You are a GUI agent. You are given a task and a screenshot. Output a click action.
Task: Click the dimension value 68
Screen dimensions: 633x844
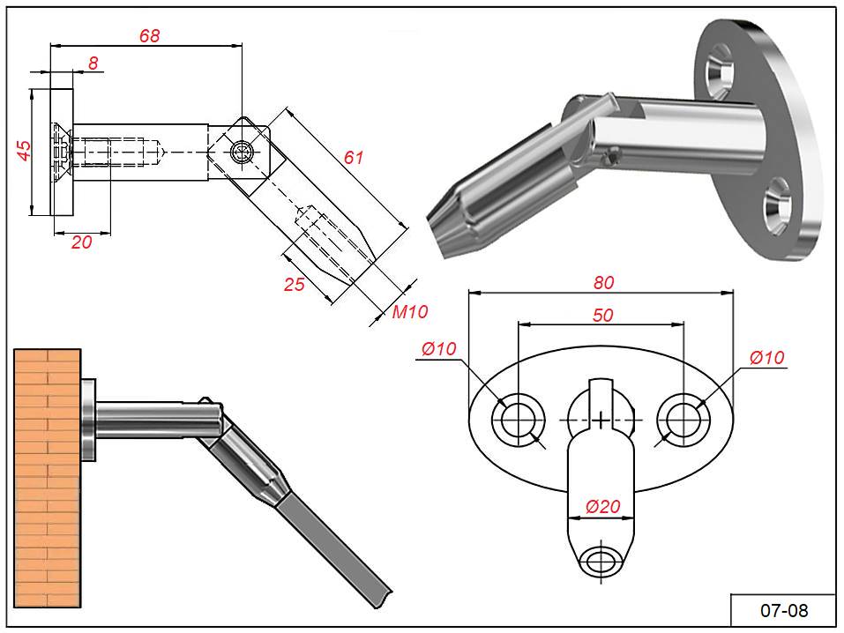point(149,35)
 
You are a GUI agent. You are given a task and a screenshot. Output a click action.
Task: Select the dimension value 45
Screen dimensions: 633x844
point(25,150)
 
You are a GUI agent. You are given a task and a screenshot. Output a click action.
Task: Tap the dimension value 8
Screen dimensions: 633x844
point(93,63)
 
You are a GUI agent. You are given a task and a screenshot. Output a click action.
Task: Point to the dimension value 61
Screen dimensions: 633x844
point(353,158)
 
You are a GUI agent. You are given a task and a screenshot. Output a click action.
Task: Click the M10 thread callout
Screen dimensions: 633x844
point(409,311)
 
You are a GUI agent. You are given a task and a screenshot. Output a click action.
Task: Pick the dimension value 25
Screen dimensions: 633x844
point(294,284)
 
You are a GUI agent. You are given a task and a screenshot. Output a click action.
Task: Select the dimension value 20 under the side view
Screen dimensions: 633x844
point(81,242)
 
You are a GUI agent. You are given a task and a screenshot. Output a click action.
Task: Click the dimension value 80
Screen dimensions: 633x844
point(603,283)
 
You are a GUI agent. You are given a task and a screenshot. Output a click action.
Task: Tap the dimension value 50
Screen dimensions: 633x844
point(602,316)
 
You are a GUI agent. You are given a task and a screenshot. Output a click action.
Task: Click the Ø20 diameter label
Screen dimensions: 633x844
point(603,506)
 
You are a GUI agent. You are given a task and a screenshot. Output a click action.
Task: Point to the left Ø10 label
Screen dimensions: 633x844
point(439,349)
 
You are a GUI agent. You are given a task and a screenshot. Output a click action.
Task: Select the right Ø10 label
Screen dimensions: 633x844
point(766,357)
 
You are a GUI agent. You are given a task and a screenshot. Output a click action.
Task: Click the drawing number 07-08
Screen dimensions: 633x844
point(783,610)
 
